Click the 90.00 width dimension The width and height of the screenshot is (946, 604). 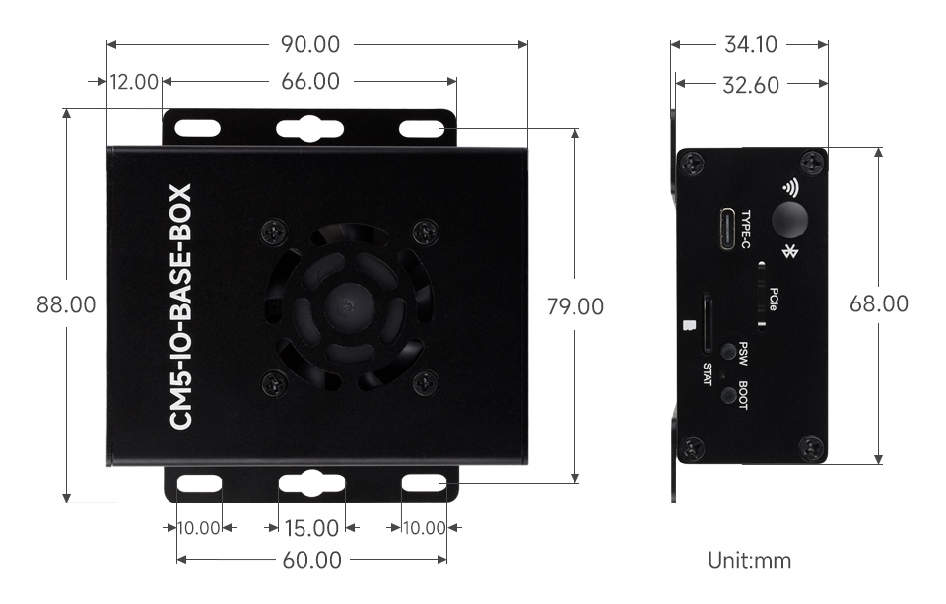310,45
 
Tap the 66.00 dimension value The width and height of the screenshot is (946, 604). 310,82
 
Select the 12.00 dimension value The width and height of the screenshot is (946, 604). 134,82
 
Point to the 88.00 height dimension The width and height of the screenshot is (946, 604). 66,305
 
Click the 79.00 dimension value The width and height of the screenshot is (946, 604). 574,306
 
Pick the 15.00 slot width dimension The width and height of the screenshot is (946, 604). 310,529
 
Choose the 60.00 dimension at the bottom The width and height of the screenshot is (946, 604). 311,561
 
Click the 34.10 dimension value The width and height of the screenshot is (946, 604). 750,45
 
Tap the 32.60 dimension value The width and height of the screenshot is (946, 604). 750,85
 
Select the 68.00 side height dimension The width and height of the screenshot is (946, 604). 879,304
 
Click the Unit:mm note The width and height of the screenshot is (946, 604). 749,561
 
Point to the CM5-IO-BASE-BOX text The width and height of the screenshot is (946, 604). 181,306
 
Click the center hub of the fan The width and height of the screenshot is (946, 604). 346,305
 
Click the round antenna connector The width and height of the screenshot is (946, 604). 788,219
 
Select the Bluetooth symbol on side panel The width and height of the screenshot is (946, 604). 788,253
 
